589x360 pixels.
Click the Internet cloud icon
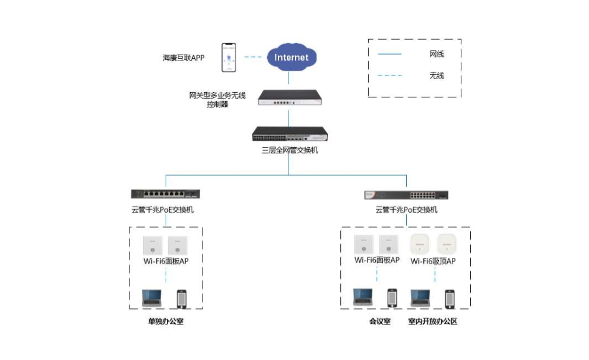coord(291,58)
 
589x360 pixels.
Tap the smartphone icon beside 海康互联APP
coord(229,57)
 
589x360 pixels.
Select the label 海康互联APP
coord(183,58)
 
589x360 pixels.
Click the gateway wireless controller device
coord(290,98)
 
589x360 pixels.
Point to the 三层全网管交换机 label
coord(290,150)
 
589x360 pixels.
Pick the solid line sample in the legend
coord(389,54)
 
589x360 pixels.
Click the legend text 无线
coord(436,75)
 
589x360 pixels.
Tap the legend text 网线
coord(436,54)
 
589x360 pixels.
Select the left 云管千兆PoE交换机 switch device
coord(166,193)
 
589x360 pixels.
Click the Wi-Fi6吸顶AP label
coord(433,261)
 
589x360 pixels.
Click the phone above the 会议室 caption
coord(392,298)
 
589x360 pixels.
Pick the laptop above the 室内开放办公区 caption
coord(420,298)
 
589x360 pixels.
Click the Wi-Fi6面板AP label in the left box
coord(166,261)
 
